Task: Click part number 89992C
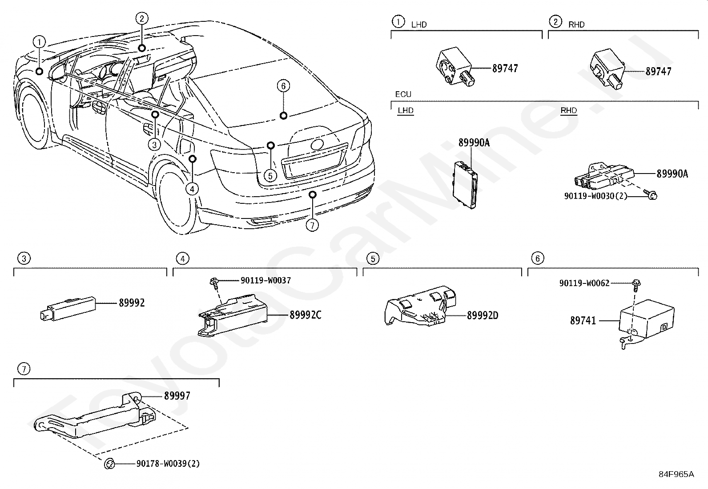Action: point(305,315)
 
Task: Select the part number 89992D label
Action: point(483,315)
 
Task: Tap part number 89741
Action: point(583,320)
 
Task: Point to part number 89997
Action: point(177,396)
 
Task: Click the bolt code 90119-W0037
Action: point(265,280)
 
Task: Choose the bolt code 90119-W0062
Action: point(584,283)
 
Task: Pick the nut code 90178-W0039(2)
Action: point(168,464)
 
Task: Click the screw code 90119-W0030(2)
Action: point(595,195)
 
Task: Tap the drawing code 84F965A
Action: point(676,474)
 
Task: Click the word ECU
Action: point(403,94)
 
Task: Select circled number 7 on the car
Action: point(312,225)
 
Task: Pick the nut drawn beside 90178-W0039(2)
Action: point(109,464)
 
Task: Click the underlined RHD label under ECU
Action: point(568,110)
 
